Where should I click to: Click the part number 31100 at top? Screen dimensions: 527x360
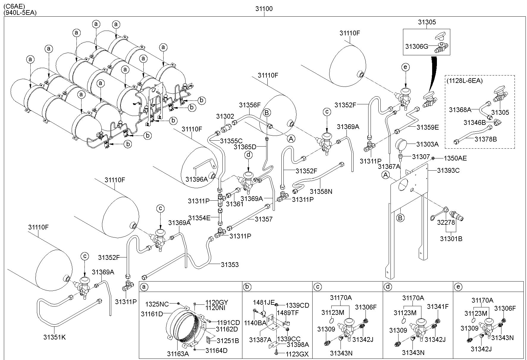[264, 9]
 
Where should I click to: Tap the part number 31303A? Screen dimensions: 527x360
[427, 144]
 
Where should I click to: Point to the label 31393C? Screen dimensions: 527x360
[448, 170]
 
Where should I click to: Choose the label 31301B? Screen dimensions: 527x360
[451, 239]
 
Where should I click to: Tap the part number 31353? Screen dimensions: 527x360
[230, 265]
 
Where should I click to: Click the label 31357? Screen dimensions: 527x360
[263, 219]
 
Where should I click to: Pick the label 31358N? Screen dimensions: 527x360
[321, 191]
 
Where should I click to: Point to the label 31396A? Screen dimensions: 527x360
[197, 179]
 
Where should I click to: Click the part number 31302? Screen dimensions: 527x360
[225, 117]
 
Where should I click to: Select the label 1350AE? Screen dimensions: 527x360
[455, 158]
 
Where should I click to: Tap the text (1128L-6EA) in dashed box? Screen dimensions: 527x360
[465, 80]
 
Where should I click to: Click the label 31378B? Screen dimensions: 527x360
[486, 139]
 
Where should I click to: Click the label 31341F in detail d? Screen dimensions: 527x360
[438, 306]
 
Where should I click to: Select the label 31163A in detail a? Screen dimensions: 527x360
[178, 354]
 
